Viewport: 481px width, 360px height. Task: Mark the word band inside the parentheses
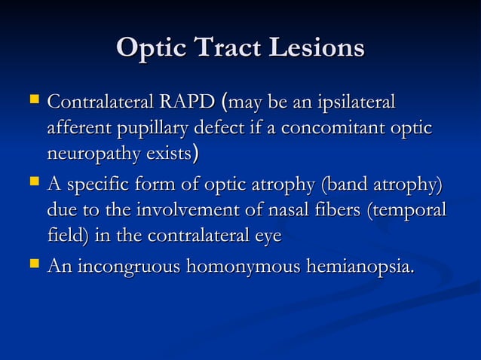click(341, 184)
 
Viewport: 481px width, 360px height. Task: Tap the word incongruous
click(129, 266)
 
